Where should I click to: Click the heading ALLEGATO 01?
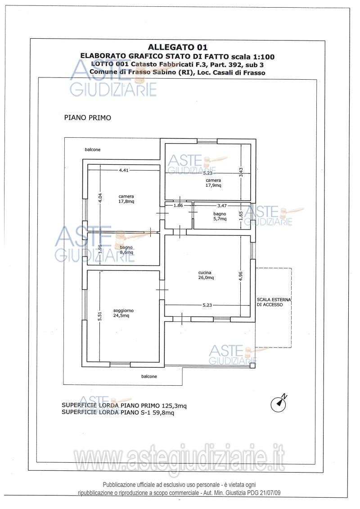click(x=178, y=47)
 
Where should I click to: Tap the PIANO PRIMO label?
click(x=88, y=117)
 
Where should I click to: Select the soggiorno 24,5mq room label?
click(x=123, y=313)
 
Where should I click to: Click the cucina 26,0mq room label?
click(x=206, y=275)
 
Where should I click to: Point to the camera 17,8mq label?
click(x=126, y=198)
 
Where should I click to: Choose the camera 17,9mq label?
click(x=213, y=183)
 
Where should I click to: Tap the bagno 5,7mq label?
click(x=220, y=216)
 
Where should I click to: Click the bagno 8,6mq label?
click(x=126, y=250)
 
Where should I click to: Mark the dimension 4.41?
click(x=124, y=170)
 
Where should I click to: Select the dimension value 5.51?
click(x=100, y=316)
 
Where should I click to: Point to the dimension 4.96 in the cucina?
click(x=240, y=276)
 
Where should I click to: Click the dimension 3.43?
click(x=241, y=172)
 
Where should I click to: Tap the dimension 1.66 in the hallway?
click(x=178, y=205)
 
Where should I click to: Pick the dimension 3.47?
click(x=222, y=205)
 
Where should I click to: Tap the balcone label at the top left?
click(x=93, y=150)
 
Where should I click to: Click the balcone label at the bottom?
click(x=149, y=376)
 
